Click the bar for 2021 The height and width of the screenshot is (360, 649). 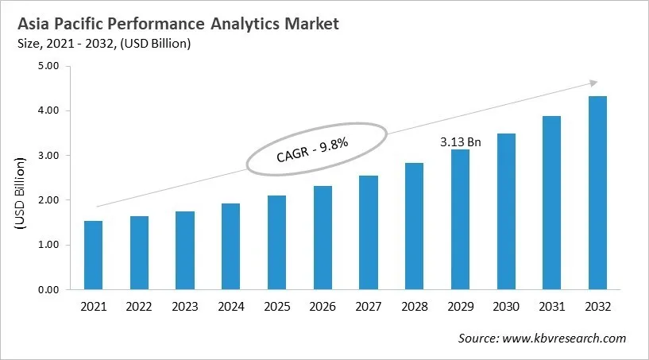pyautogui.click(x=93, y=255)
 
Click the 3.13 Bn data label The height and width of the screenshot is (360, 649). pyautogui.click(x=461, y=141)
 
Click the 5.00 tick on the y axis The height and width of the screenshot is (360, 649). pyautogui.click(x=49, y=66)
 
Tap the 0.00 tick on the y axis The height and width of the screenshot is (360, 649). pyautogui.click(x=49, y=290)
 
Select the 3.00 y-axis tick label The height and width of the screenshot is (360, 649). pyautogui.click(x=49, y=156)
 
